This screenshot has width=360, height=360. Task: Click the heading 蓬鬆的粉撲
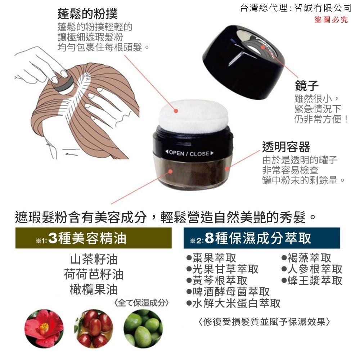(x=87, y=14)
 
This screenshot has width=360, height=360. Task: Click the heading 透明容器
(x=286, y=147)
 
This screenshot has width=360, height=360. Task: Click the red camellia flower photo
(x=44, y=328)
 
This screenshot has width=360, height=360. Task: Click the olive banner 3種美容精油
(x=93, y=238)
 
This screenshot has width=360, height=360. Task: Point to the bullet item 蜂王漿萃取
(x=312, y=280)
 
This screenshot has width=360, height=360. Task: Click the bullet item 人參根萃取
(x=312, y=269)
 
